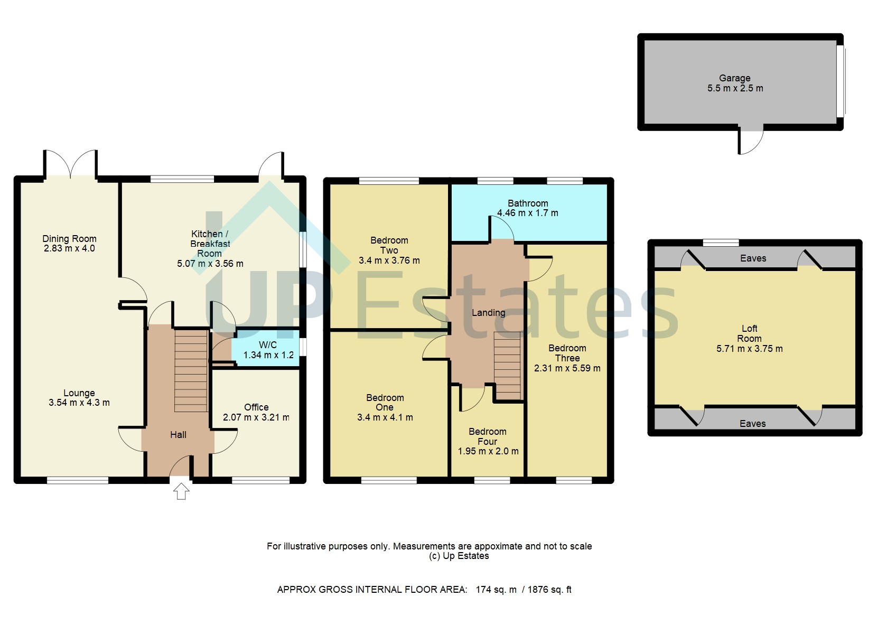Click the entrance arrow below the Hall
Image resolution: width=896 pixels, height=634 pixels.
pos(181,491)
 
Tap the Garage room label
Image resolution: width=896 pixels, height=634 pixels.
pos(734,78)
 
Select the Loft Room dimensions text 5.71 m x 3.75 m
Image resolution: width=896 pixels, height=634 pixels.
pos(749,349)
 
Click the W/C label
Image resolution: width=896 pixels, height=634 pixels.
pos(268,345)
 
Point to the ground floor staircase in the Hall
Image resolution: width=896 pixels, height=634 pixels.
pos(191,370)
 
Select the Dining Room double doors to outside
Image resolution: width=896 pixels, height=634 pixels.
pos(70,164)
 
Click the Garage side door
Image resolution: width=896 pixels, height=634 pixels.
pos(750,141)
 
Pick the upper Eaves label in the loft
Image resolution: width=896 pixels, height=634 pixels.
pos(753,258)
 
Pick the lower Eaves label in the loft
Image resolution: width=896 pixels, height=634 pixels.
pos(752,424)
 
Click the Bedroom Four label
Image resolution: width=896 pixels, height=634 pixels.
pos(487,436)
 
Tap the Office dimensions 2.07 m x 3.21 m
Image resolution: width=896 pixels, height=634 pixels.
pos(256,417)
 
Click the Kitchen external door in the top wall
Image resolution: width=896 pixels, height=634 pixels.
pos(272,164)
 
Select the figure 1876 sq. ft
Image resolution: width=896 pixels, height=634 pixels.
pos(549,590)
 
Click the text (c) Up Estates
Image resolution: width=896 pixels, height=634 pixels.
pos(459,556)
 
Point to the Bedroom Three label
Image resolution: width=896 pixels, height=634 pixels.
pos(567,353)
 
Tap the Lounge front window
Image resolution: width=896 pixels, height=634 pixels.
pos(78,480)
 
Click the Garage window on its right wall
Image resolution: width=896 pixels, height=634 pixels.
pos(841,81)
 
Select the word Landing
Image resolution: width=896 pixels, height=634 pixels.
pos(488,313)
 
